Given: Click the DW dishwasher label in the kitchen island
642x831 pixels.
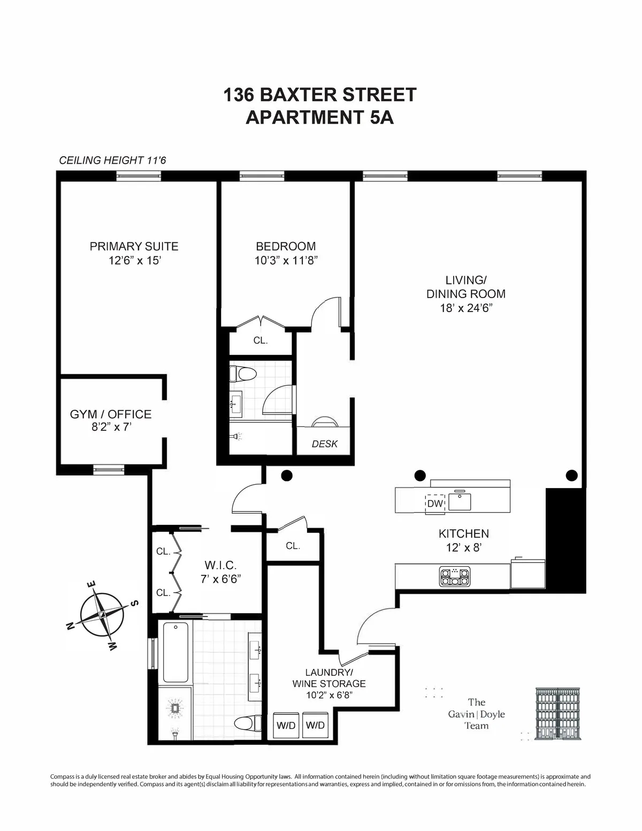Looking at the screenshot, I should pyautogui.click(x=435, y=504).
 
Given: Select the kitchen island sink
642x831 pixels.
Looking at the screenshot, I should pyautogui.click(x=460, y=501).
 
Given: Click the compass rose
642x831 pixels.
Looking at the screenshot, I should pyautogui.click(x=102, y=614).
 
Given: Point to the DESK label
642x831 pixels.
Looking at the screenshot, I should pyautogui.click(x=324, y=444).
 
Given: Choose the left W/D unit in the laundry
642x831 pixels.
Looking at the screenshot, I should pyautogui.click(x=285, y=725).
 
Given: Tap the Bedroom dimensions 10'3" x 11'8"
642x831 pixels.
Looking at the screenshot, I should pyautogui.click(x=286, y=261).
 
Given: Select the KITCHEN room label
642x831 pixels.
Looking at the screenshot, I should pyautogui.click(x=463, y=533).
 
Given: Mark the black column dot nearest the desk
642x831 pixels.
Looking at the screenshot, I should pyautogui.click(x=286, y=475).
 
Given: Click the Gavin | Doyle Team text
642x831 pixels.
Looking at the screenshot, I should pyautogui.click(x=476, y=714).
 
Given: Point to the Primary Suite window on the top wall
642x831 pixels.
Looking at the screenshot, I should pyautogui.click(x=139, y=175).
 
